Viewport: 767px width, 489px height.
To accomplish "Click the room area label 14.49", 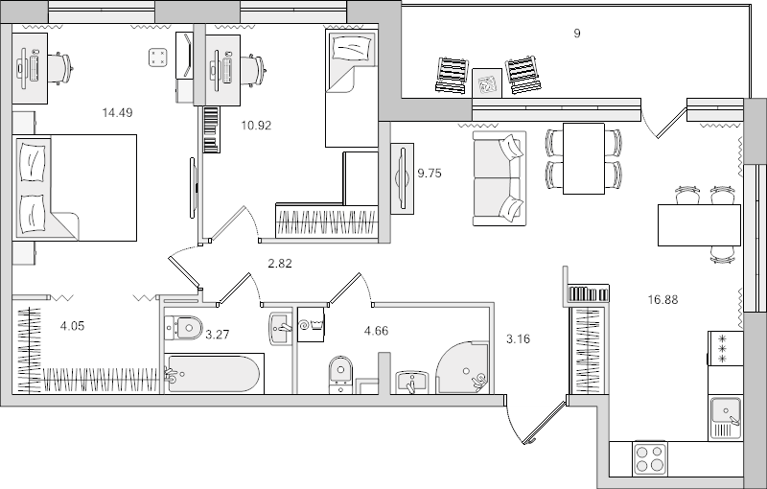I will click(117, 112).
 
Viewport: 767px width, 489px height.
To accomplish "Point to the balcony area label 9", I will click(576, 34).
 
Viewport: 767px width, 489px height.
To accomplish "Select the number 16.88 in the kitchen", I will click(662, 299).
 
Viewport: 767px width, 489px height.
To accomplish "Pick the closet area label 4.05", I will click(73, 326).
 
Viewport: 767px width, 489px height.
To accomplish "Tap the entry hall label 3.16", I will click(518, 338).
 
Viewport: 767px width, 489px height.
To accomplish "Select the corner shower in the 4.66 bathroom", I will click(463, 367).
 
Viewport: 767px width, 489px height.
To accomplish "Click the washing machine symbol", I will click(312, 324).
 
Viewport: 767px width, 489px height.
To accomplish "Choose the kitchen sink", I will click(726, 413).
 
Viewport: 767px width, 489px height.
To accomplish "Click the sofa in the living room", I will click(499, 179).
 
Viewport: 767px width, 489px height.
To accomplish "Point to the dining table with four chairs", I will click(583, 158).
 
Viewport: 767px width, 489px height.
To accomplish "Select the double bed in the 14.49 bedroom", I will click(75, 186).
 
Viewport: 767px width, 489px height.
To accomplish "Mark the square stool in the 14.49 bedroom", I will click(158, 58).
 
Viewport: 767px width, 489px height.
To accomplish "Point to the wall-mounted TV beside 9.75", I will click(402, 177).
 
